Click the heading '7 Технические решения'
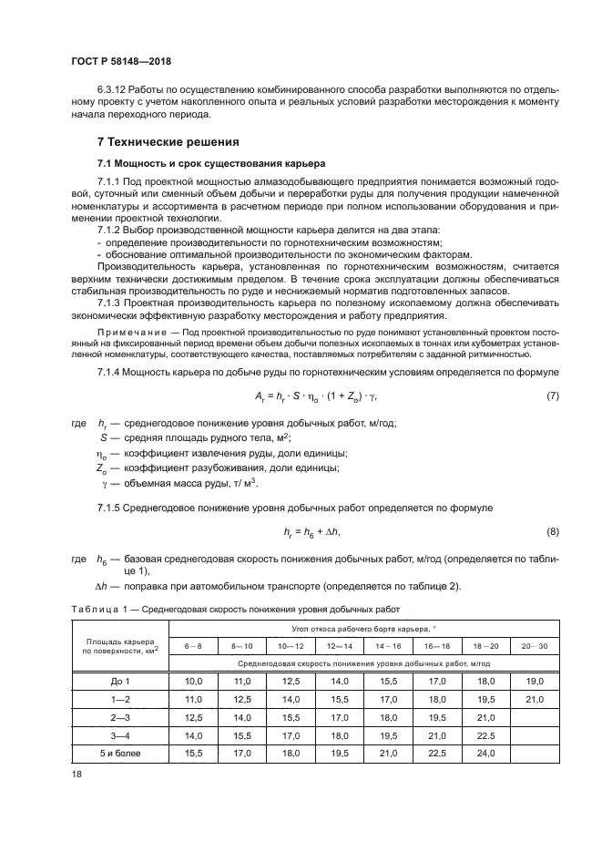168,142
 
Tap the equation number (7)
552,396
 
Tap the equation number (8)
552,530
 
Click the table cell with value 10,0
193,681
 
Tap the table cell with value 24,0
485,754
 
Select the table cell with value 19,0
535,681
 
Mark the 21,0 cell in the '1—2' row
535,699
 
